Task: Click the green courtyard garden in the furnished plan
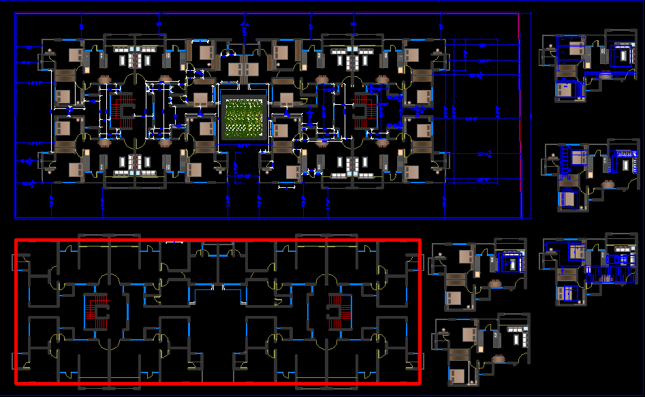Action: point(243,117)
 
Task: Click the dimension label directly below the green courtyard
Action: point(242,145)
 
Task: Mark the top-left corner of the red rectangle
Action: point(16,240)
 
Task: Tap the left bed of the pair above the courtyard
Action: point(234,69)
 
